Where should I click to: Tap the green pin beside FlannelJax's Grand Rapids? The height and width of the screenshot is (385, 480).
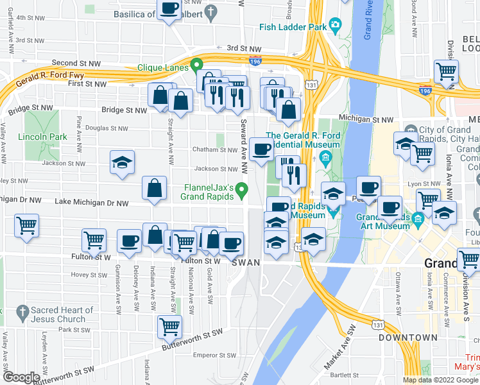point(242,190)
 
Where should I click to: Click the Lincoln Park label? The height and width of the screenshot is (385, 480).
point(43,137)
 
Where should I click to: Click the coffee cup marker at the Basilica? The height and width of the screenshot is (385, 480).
point(169,9)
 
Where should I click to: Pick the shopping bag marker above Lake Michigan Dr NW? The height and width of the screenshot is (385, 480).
point(155,189)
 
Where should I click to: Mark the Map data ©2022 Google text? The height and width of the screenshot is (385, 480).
point(440,380)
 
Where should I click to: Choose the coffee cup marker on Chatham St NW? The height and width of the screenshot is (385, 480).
point(261,150)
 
